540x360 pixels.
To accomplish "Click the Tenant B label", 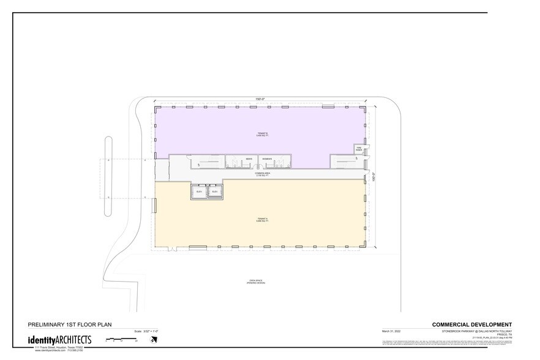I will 263,135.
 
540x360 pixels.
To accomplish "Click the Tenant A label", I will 263,220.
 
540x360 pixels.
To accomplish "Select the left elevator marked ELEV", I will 199,192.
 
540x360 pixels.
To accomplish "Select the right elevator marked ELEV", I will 214,192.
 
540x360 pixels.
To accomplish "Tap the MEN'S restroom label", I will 250,159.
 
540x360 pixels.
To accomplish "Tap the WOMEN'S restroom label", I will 267,159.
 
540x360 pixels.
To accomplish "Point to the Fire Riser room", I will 359,149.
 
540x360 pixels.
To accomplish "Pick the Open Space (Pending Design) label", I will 255,283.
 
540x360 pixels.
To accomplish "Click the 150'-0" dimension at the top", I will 260,99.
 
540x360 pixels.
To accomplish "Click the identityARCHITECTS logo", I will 59,340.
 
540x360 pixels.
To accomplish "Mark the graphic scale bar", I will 122,339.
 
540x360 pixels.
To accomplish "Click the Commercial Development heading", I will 471,324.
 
